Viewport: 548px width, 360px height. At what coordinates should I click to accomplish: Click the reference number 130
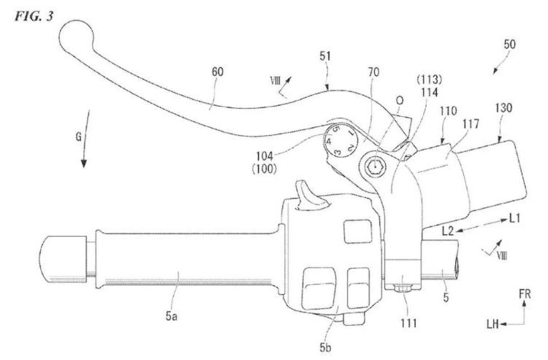click(x=503, y=107)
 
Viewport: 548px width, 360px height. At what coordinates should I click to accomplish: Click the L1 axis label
click(x=517, y=218)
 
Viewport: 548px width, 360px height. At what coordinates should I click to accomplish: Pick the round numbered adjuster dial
click(x=338, y=139)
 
